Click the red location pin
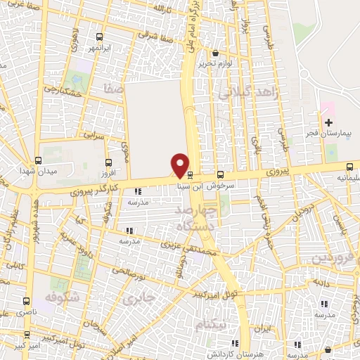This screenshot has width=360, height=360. (x=180, y=164)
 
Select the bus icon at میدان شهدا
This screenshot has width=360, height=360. (x=37, y=161)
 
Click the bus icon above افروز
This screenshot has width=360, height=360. (x=108, y=161)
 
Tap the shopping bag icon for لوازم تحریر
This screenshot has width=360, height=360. (x=215, y=53)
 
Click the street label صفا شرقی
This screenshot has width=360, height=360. (x=153, y=33)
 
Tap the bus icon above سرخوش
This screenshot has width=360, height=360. (x=221, y=174)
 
